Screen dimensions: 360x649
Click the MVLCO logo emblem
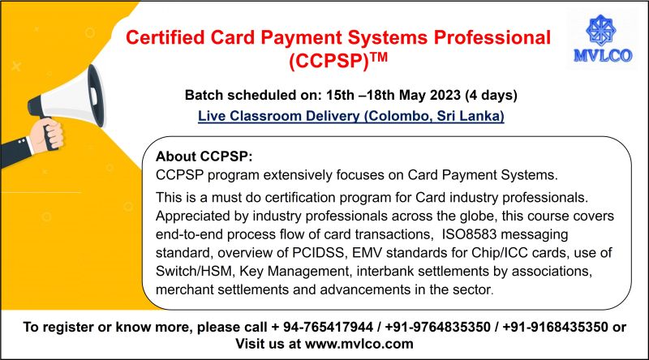606,31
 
